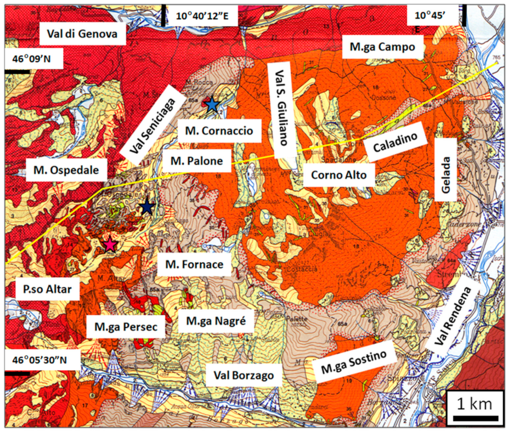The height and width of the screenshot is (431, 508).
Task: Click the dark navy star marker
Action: pyautogui.click(x=146, y=207)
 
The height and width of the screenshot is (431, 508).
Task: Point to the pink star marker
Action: pyautogui.click(x=111, y=245)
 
